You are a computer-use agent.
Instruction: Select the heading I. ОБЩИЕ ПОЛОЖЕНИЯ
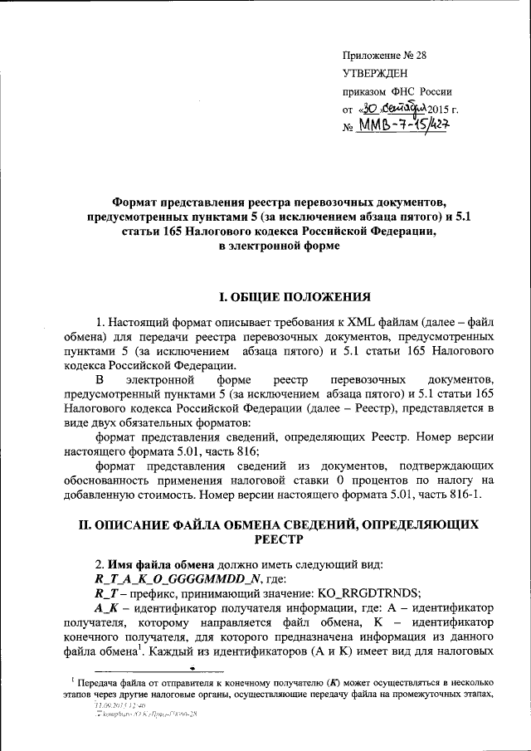(288, 297)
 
